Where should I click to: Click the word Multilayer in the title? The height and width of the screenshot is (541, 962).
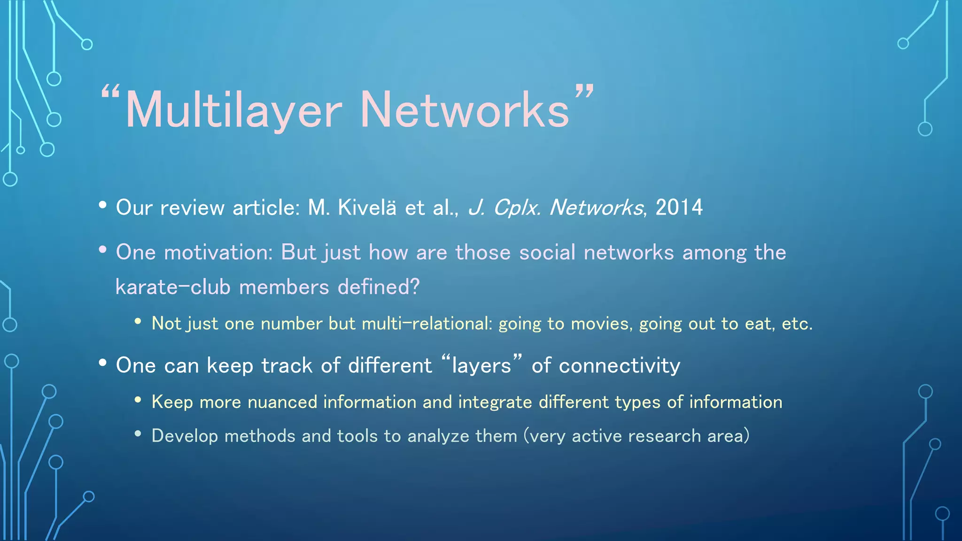(233, 111)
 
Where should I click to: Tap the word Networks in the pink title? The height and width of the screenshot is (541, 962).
(465, 111)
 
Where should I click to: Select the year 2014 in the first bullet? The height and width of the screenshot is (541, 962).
(679, 208)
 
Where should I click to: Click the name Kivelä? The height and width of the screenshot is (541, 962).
(367, 208)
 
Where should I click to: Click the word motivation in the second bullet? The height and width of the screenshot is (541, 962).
(218, 253)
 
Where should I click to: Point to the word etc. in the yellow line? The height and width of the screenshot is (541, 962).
(797, 324)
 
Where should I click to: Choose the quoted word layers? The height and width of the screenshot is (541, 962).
(481, 365)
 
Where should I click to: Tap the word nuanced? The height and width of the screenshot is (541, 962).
(282, 402)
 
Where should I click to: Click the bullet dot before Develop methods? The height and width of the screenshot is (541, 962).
(138, 434)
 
